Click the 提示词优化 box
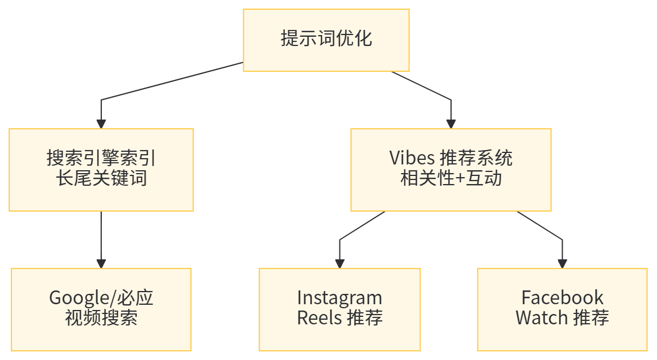tap(326, 40)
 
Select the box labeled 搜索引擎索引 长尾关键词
tap(101, 169)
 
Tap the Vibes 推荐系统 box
tap(450, 169)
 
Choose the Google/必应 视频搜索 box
tap(101, 309)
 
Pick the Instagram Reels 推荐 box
tap(339, 309)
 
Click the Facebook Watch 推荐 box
tap(561, 309)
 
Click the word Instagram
tap(339, 298)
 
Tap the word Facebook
tap(561, 298)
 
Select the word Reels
tap(319, 317)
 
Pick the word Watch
tap(541, 317)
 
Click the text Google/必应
tap(101, 298)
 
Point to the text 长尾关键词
tap(101, 178)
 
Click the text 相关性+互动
tap(450, 178)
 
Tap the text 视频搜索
tap(101, 317)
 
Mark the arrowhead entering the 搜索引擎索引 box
tap(101, 123)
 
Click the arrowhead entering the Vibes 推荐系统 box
tap(451, 123)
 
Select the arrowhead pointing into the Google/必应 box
tap(101, 263)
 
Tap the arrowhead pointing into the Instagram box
tap(339, 263)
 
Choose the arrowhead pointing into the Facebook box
tap(562, 263)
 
